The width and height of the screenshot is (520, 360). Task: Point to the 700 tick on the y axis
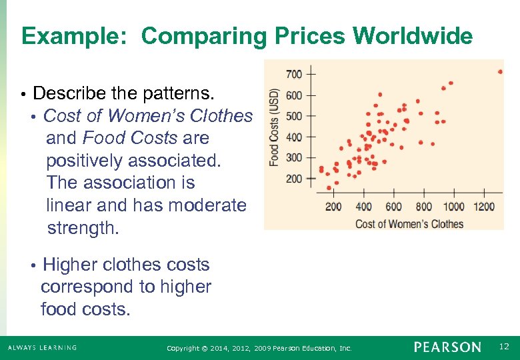293,73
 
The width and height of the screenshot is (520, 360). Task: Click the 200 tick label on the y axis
293,179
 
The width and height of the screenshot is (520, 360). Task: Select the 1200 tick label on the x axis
484,207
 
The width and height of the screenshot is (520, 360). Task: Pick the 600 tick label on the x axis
393,207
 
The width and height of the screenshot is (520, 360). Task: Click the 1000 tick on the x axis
453,207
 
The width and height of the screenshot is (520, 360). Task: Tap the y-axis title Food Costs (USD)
274,127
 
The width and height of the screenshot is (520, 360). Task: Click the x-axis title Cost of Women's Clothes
409,223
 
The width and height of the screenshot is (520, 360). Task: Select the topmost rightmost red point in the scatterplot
500,71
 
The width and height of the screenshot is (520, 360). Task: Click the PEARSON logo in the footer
447,347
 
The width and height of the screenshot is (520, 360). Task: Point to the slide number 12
505,347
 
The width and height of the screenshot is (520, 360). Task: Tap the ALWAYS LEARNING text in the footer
42,347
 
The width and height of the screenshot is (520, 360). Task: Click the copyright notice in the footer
259,348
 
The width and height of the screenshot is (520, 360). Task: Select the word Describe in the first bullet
63,93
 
